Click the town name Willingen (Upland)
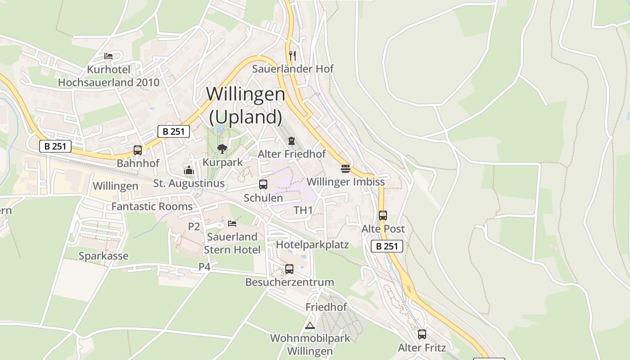[246, 105]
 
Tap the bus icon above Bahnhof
[138, 150]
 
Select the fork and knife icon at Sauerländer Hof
[292, 55]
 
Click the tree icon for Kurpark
[222, 148]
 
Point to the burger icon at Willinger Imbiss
[346, 169]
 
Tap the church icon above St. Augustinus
[189, 170]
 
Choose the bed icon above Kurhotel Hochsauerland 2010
[108, 56]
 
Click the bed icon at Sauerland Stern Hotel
[232, 223]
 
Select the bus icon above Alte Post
[383, 216]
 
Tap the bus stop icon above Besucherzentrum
[289, 269]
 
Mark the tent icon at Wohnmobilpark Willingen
[310, 325]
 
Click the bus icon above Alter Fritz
[422, 334]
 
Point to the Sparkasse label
[103, 256]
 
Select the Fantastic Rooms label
[152, 207]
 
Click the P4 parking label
[204, 267]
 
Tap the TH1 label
[303, 210]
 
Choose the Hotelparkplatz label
[312, 245]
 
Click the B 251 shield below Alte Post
[387, 246]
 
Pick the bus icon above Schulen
[263, 184]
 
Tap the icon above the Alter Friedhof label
[292, 141]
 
